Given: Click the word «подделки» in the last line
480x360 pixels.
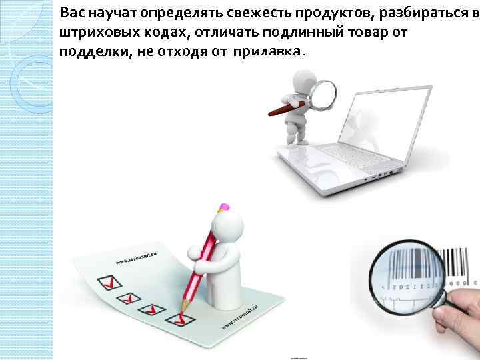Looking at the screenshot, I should tap(88, 53).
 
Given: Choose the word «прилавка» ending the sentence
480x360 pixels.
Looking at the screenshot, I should tap(267, 53).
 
